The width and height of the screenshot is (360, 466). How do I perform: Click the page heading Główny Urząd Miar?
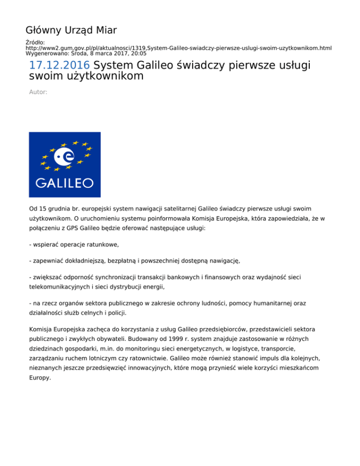point(71,31)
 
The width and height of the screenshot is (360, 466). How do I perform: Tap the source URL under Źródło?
point(179,48)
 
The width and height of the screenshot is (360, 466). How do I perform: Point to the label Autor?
point(38,92)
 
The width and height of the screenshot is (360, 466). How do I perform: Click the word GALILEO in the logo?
point(65,182)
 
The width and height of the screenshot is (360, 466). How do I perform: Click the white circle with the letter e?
point(64,156)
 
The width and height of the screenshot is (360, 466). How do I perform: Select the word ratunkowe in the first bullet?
point(98,244)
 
